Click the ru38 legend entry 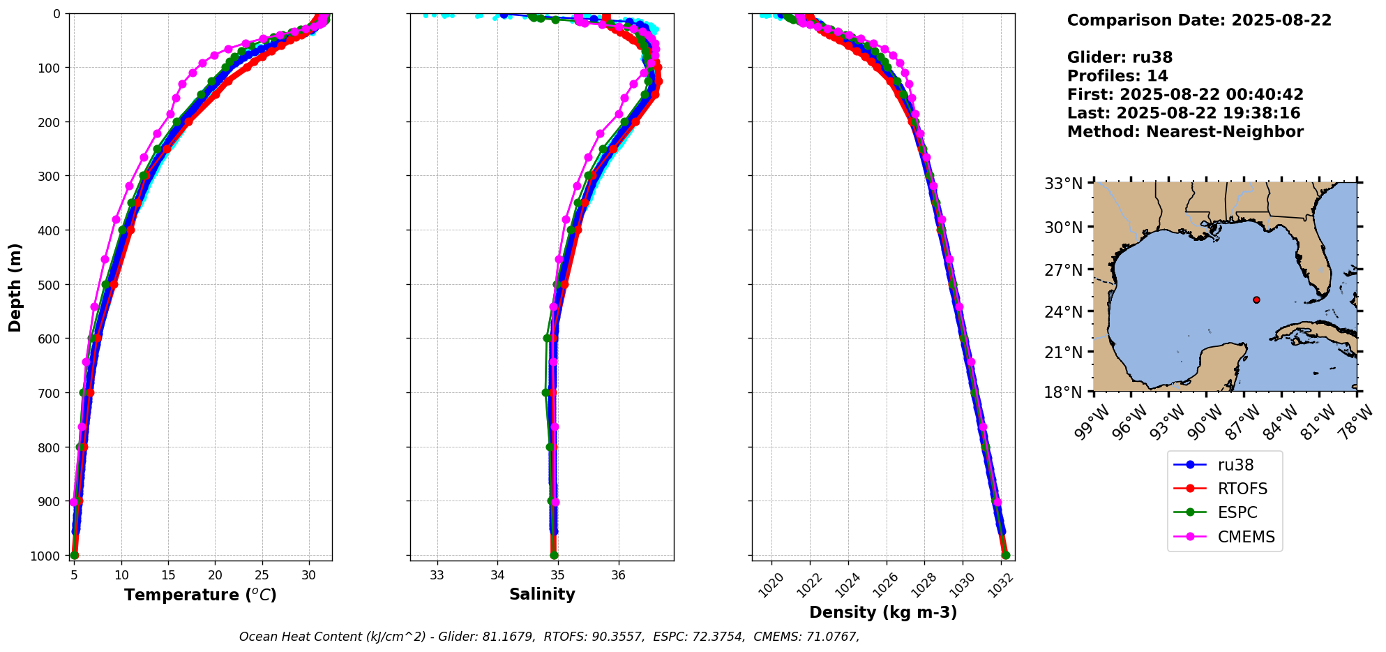pyautogui.click(x=1235, y=465)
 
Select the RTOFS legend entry pyautogui.click(x=1242, y=489)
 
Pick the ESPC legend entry pyautogui.click(x=1237, y=512)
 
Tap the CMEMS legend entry pyautogui.click(x=1246, y=537)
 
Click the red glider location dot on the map pyautogui.click(x=1256, y=300)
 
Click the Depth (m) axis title pyautogui.click(x=15, y=287)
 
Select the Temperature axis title pyautogui.click(x=200, y=595)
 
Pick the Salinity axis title pyautogui.click(x=542, y=595)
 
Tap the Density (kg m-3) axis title pyautogui.click(x=883, y=613)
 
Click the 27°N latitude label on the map pyautogui.click(x=1064, y=270)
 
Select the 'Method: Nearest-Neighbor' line pyautogui.click(x=1185, y=132)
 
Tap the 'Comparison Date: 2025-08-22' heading pyautogui.click(x=1199, y=20)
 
